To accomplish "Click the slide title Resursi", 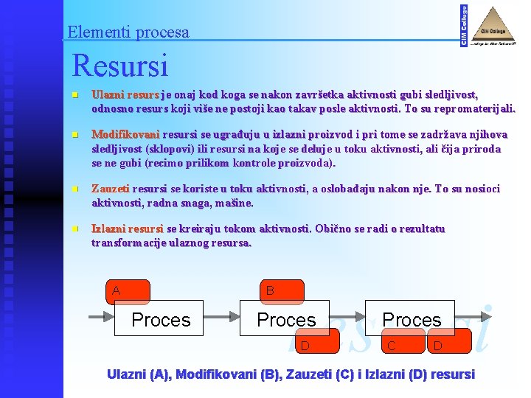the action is coord(119,65).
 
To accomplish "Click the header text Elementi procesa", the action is coord(128,32).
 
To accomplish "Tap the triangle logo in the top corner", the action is coord(493,26).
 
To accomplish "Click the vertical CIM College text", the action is coord(463,26).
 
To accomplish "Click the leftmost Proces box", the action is coord(160,318).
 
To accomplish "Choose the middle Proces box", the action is coord(285,318).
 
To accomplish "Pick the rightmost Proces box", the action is coord(411,318).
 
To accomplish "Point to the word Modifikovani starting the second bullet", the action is coord(125,135).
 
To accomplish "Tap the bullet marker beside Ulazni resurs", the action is coord(75,96).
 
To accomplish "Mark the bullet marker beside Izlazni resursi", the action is coord(75,229).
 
